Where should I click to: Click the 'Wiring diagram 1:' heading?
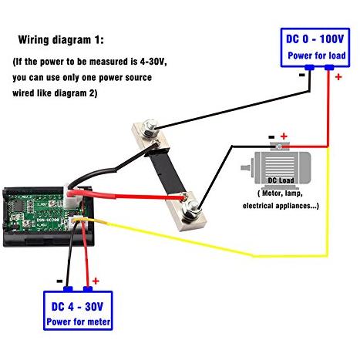(x=61, y=40)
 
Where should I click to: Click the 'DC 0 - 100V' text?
(x=315, y=39)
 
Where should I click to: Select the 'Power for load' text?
(x=317, y=56)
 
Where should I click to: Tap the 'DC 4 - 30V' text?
(x=77, y=307)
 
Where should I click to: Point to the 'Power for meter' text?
(x=79, y=321)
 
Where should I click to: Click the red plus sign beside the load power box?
(x=338, y=76)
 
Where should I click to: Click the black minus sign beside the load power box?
(x=302, y=75)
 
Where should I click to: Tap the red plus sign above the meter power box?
(x=96, y=281)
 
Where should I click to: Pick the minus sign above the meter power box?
(x=59, y=281)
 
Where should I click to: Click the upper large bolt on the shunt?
(x=150, y=127)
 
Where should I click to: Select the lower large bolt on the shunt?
(x=192, y=209)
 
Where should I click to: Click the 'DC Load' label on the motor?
(x=281, y=180)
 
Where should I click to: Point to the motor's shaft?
(x=245, y=167)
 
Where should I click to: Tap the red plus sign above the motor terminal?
(x=284, y=136)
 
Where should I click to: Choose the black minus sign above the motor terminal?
(x=271, y=137)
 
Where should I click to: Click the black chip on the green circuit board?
(x=18, y=205)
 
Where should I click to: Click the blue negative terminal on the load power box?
(x=310, y=68)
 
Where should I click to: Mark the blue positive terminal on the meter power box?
(x=88, y=289)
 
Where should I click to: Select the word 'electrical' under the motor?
(x=257, y=206)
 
